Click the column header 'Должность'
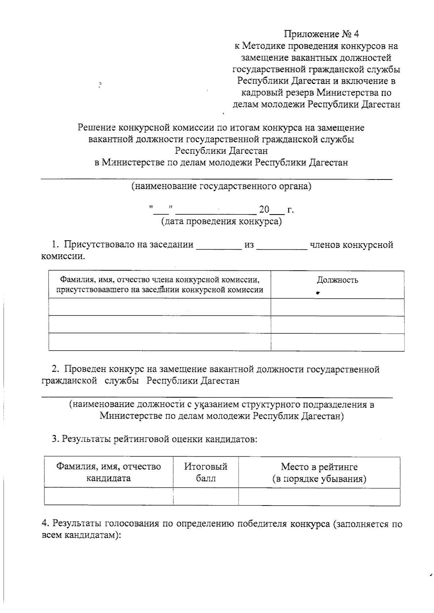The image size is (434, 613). tap(337, 280)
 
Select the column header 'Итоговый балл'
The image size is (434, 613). tap(205, 472)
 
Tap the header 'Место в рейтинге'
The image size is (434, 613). tap(319, 467)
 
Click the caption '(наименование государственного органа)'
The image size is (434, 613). tap(221, 186)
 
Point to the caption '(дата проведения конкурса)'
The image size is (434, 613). tap(221, 221)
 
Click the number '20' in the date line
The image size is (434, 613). tap(264, 210)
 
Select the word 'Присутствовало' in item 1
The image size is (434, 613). tap(99, 245)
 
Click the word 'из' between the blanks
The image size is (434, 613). tap(249, 245)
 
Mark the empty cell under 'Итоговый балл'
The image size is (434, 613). tap(205, 496)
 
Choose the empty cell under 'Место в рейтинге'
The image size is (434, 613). tap(319, 496)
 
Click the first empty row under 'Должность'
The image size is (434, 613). tap(337, 307)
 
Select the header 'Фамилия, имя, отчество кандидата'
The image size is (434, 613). tap(108, 472)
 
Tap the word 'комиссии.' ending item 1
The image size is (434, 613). tap(63, 257)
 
